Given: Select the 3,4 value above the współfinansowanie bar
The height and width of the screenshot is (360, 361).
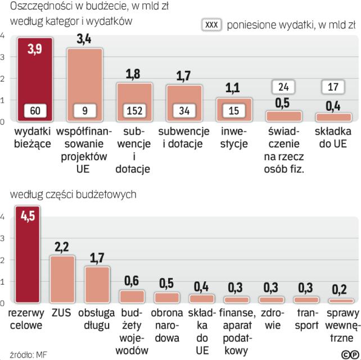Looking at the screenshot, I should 84,39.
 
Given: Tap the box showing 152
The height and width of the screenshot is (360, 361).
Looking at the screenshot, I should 134,111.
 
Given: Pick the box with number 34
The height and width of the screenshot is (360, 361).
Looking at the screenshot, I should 184,111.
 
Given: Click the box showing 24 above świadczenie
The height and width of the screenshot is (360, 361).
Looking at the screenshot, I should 283,88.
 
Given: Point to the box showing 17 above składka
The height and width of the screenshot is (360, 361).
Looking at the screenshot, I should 333,88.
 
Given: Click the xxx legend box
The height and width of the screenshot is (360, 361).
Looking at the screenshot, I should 211,26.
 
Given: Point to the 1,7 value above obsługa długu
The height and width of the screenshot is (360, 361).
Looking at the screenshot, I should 97,258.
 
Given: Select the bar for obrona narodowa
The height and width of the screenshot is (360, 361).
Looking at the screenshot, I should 166,298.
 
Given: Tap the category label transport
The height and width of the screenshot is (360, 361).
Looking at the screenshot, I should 307,318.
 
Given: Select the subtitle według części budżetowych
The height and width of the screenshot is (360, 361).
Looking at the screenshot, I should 73,195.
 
